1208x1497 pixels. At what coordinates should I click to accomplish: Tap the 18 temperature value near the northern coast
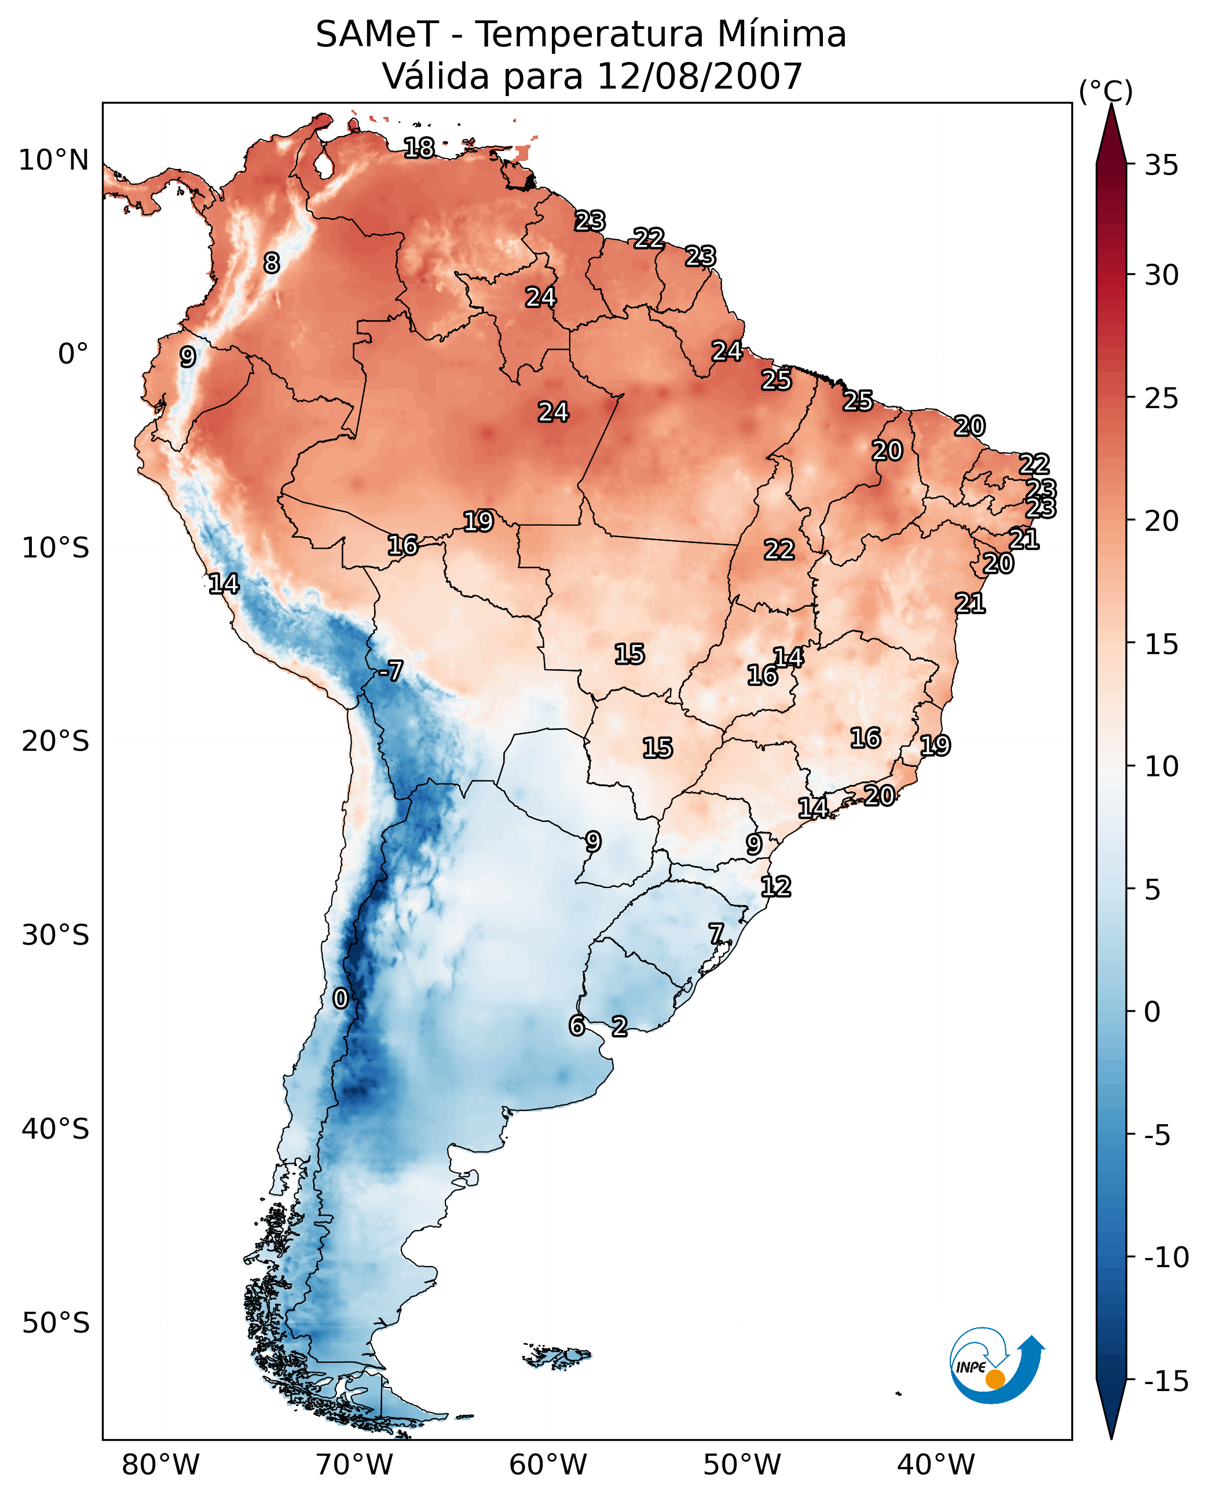point(419,148)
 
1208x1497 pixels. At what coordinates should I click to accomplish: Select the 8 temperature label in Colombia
point(272,263)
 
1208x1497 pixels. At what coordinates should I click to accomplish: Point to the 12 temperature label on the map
point(776,887)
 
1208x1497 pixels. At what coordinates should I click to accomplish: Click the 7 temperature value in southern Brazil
point(716,934)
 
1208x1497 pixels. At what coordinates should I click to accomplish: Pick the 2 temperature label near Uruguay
point(619,1026)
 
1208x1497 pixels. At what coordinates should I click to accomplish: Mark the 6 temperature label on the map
point(576,1025)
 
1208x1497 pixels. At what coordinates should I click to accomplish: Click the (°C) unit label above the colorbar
point(1105,91)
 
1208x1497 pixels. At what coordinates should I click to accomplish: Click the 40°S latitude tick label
point(56,1129)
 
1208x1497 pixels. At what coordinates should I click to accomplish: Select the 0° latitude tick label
point(73,354)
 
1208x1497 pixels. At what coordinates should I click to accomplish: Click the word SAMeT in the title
point(377,35)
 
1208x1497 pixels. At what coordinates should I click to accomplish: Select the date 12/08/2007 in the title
point(700,76)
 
